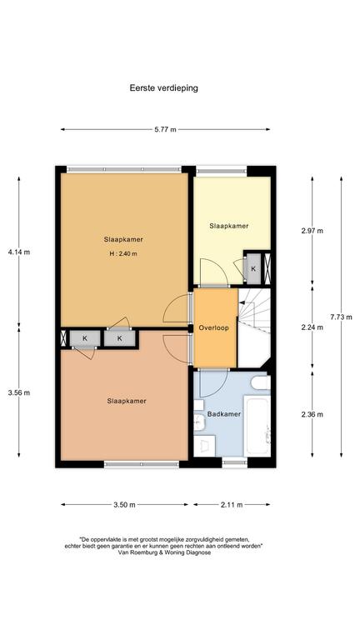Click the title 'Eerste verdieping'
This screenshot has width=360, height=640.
point(163,87)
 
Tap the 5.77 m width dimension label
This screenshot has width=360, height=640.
point(165,130)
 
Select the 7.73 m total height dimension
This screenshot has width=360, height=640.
point(341,317)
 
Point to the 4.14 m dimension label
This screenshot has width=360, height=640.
point(19,252)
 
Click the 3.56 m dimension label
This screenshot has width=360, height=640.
point(19,392)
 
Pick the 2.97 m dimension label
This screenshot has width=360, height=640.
point(312,231)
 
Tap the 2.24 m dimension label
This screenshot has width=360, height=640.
point(312,327)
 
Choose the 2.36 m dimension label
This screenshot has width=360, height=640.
point(312,414)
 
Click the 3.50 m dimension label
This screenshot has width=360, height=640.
point(124,505)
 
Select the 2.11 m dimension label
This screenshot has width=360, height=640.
point(232,505)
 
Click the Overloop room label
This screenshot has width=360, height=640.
point(214,327)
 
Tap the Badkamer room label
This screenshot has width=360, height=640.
point(224,414)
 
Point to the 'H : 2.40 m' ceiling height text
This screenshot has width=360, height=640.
point(123,253)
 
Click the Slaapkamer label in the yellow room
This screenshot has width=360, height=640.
point(229,226)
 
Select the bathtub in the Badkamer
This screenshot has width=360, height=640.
point(257,425)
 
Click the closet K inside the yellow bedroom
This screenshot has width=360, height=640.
point(253,268)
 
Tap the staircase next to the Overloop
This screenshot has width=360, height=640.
point(254,327)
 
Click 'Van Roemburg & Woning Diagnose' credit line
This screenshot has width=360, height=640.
point(164,552)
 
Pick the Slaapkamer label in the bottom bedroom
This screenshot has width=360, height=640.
point(127,401)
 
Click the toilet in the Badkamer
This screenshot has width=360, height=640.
point(261,382)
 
